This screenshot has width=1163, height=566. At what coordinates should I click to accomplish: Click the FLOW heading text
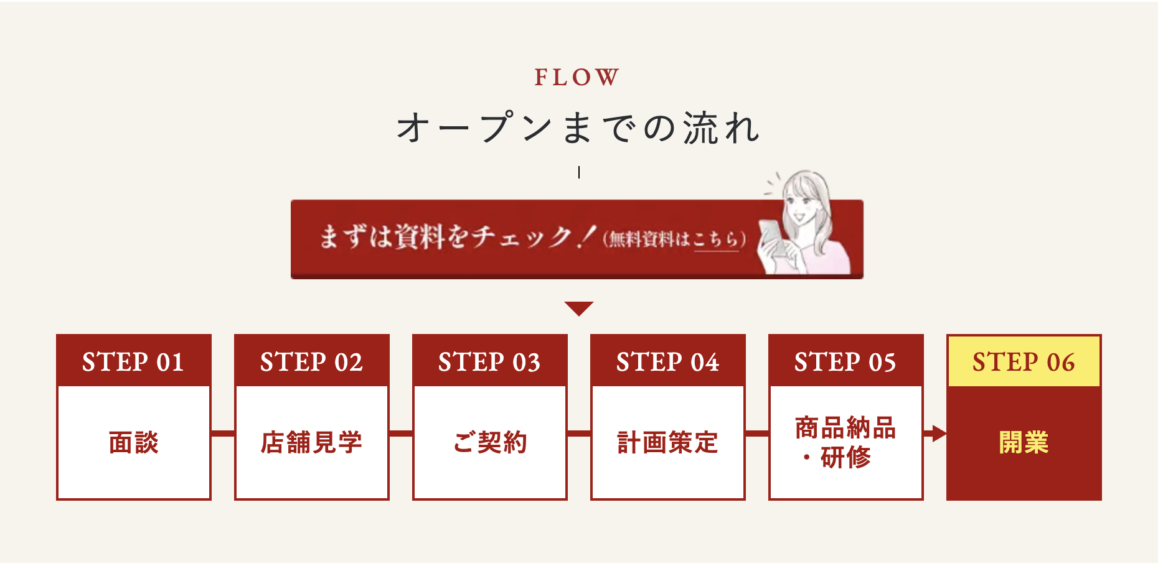point(577,78)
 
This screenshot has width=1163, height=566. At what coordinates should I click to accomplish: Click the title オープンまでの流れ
point(578,128)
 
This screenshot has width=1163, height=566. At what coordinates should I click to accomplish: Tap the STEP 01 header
point(133,362)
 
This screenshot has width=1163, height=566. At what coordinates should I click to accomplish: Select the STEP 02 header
point(311,362)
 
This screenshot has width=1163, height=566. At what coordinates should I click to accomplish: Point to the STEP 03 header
point(489,362)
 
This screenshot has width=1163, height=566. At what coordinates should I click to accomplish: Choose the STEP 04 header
point(667,362)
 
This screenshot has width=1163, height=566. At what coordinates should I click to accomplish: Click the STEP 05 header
point(845,362)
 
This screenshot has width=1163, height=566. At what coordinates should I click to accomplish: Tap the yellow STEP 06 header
point(1024,362)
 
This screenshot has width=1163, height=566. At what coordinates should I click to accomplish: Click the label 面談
point(133,443)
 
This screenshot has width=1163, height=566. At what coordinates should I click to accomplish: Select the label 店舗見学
point(311,443)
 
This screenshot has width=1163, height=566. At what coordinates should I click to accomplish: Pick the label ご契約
point(490,443)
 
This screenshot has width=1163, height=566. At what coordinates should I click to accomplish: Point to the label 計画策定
point(667,443)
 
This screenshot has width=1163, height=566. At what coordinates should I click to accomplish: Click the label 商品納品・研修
point(845,442)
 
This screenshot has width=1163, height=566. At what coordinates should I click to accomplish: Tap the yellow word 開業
point(1024,443)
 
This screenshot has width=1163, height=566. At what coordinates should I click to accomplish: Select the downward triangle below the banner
point(578,308)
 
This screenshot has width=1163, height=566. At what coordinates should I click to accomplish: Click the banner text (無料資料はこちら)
point(674,239)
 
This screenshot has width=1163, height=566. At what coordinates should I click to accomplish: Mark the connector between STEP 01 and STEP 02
point(223,434)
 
